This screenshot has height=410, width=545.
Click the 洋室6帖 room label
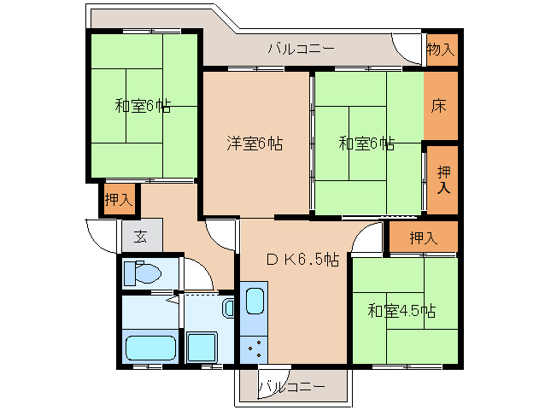pyautogui.click(x=255, y=143)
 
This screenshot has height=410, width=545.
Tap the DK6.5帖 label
pyautogui.click(x=302, y=259)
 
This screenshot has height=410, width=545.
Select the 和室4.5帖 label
pyautogui.click(x=401, y=311)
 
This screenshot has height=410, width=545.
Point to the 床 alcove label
pyautogui.click(x=438, y=106)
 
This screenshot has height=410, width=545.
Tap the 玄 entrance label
pyautogui.click(x=140, y=237)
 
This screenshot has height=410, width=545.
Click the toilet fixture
pyautogui.click(x=142, y=272)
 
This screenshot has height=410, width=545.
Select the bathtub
pyautogui.click(x=150, y=348)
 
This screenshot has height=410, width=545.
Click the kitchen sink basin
pyautogui.click(x=255, y=301)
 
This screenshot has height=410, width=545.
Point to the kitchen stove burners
pyautogui.click(x=255, y=348)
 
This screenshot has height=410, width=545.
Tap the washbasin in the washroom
pyautogui.click(x=228, y=307)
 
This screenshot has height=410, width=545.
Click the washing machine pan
pyautogui.click(x=202, y=347)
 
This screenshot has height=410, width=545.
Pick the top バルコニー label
pyautogui.click(x=301, y=49)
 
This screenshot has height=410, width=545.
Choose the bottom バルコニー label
pyautogui.click(x=292, y=386)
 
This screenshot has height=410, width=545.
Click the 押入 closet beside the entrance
pyautogui.click(x=120, y=199)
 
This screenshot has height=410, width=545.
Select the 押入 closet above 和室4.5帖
pyautogui.click(x=423, y=237)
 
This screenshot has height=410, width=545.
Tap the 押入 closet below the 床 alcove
pyautogui.click(x=442, y=179)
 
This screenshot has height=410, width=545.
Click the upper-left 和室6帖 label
pyautogui.click(x=143, y=105)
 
